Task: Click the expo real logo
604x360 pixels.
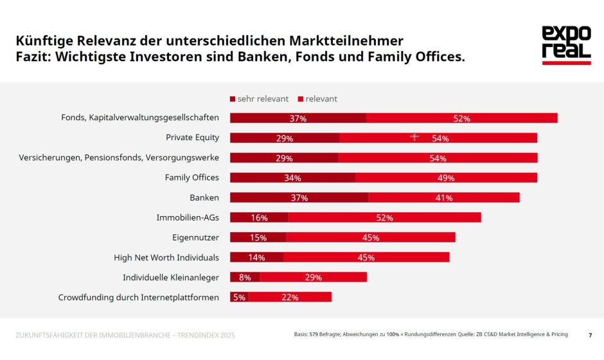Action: point(565,45)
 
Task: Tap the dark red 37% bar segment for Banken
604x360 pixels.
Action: point(299,197)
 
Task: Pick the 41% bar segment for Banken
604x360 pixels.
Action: point(444,197)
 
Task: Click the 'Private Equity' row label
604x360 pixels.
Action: point(192,138)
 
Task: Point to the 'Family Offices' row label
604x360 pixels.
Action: point(191,177)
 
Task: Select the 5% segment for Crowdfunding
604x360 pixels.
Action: point(239,297)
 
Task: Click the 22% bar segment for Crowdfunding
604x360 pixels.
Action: point(290,297)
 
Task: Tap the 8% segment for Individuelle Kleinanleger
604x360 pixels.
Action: point(245,277)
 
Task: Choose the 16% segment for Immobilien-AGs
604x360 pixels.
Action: point(259,217)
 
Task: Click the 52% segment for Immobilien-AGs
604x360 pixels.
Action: point(384,217)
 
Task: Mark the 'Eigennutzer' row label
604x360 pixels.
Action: point(195,237)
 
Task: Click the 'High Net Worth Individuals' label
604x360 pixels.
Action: point(166,257)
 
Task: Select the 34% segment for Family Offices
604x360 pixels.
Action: point(292,177)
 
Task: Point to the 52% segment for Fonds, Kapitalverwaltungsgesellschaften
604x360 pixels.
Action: point(461,118)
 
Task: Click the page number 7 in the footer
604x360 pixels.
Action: point(590,335)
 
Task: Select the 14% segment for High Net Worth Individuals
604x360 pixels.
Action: point(256,257)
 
